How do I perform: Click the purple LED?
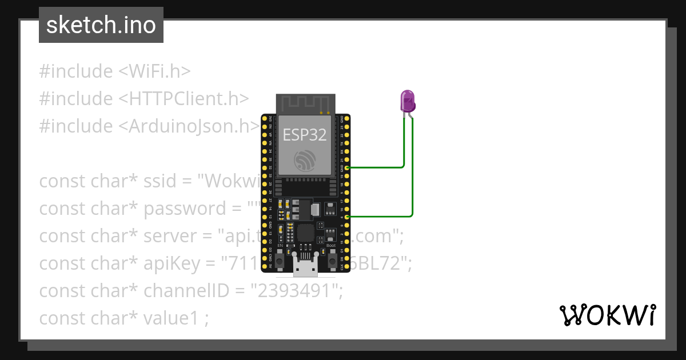tap(408, 101)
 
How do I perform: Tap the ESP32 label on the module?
tap(304, 134)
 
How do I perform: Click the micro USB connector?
tap(305, 265)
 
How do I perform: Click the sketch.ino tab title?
tap(101, 25)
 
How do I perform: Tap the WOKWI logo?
tap(607, 315)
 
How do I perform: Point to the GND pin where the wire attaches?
tap(348, 168)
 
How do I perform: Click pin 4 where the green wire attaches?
tap(348, 217)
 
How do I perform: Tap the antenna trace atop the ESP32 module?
tap(305, 104)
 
